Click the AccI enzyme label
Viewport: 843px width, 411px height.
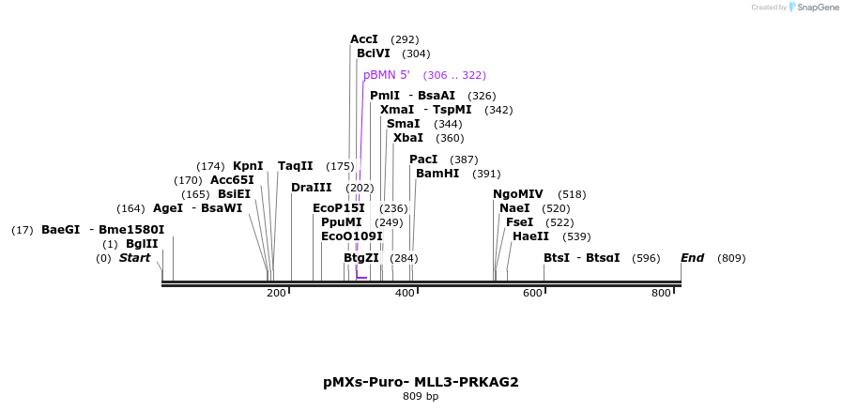[364, 39]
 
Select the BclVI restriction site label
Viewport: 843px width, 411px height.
[373, 53]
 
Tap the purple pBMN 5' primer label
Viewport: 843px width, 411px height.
[387, 75]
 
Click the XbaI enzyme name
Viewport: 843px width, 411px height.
[408, 138]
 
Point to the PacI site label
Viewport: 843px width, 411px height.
[424, 160]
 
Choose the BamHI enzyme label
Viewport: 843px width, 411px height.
[437, 174]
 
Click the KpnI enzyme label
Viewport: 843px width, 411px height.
[248, 166]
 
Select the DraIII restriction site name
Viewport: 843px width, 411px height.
[312, 188]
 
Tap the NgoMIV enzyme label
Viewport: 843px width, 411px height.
[518, 194]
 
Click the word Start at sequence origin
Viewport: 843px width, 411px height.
[134, 258]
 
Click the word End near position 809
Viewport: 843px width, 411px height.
[693, 258]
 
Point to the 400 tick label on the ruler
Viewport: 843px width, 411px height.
[405, 294]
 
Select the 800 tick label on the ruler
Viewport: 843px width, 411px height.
[661, 294]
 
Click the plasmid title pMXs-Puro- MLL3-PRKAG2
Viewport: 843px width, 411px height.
[421, 382]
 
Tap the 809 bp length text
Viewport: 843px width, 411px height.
[421, 397]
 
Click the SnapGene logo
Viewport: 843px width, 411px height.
[814, 8]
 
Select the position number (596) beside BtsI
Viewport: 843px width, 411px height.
[646, 258]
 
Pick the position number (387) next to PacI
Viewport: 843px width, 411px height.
[464, 160]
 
